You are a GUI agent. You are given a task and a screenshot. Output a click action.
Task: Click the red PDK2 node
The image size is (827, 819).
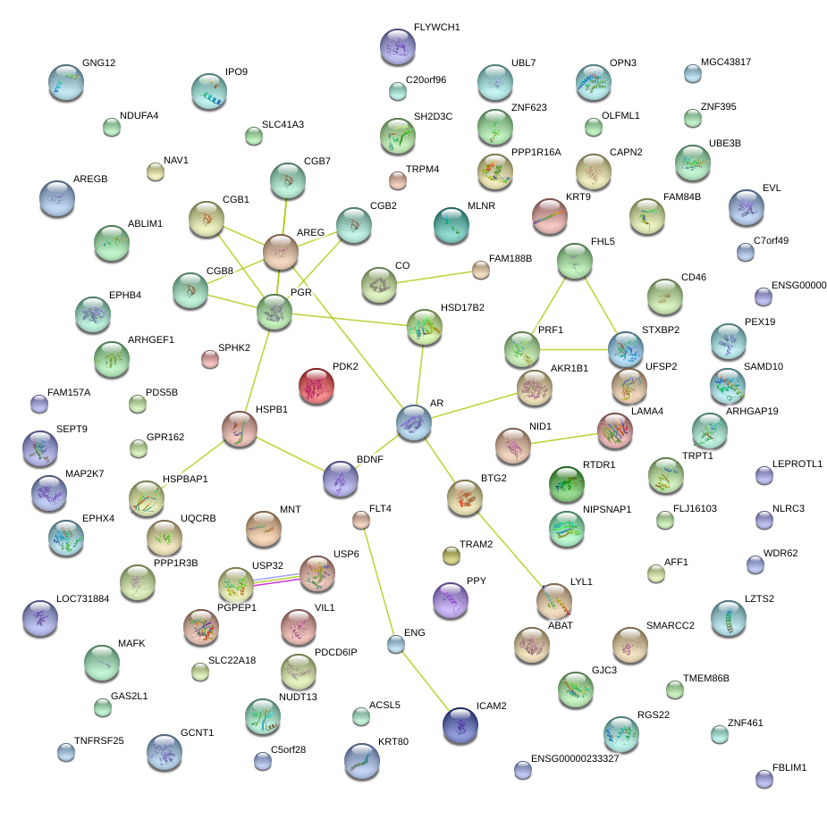(316, 386)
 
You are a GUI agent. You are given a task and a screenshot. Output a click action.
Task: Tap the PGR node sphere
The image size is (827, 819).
(274, 312)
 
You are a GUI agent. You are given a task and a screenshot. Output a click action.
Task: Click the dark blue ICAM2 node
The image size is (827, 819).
(460, 724)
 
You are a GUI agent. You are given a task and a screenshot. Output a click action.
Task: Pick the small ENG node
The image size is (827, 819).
(396, 643)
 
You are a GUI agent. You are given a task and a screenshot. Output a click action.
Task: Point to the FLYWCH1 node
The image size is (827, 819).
(398, 47)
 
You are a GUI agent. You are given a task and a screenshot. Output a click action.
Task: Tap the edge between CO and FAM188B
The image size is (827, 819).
(429, 277)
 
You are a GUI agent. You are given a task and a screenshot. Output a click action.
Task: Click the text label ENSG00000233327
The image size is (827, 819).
(575, 758)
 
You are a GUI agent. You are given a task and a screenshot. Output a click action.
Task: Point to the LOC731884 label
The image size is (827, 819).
(82, 598)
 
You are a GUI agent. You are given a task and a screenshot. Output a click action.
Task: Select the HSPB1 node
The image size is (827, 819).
(240, 430)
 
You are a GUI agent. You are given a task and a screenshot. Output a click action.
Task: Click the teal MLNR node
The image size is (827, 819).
(451, 225)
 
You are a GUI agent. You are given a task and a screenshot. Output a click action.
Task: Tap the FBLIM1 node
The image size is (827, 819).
(764, 780)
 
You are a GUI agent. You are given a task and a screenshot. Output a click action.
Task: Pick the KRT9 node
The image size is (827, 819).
(550, 216)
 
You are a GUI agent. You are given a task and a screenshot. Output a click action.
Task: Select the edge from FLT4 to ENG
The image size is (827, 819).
(378, 581)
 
